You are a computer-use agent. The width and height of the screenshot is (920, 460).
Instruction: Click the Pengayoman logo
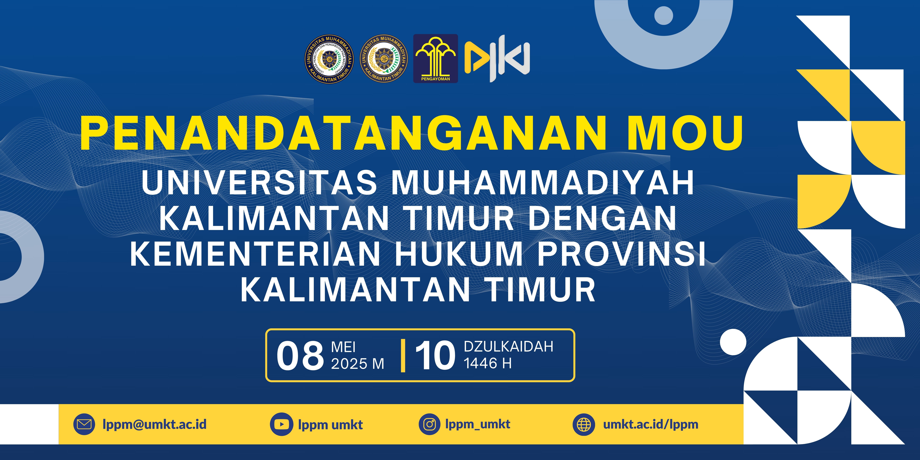click(x=435, y=59)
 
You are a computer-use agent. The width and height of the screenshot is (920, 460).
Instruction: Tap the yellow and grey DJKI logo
click(x=497, y=59)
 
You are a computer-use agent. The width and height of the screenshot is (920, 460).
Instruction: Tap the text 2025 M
click(x=358, y=364)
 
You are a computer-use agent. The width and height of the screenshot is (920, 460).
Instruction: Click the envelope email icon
click(x=84, y=424)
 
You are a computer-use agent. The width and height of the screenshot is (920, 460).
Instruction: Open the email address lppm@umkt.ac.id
click(x=155, y=424)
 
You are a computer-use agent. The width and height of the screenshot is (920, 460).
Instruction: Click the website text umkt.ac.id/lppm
click(x=651, y=424)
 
